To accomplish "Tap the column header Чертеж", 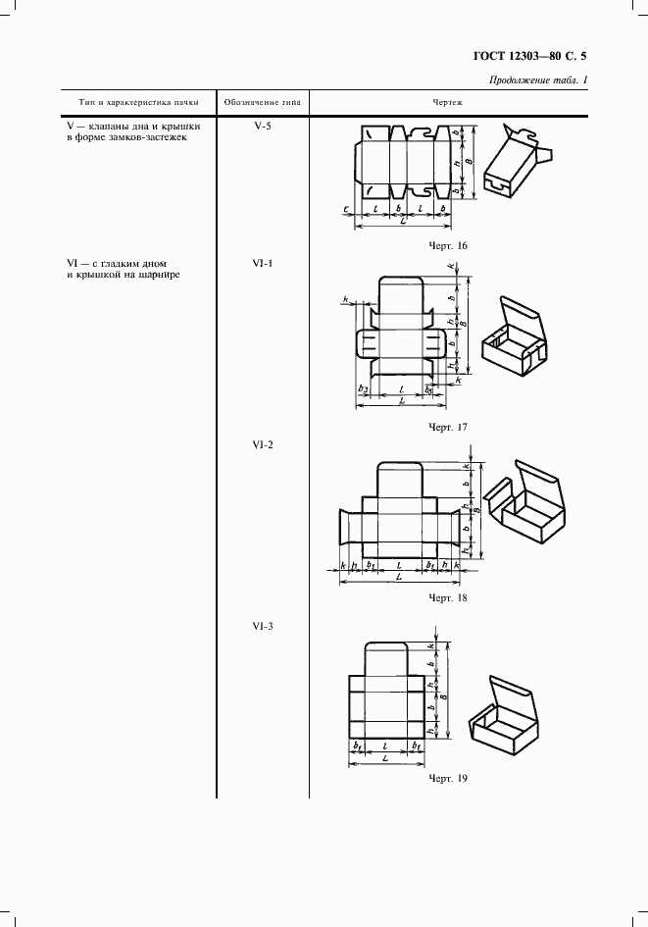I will [x=447, y=102].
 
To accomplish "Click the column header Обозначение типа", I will [x=262, y=102].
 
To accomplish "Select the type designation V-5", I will [x=262, y=127].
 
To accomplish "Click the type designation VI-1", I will [x=262, y=263].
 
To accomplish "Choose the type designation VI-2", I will [x=262, y=444].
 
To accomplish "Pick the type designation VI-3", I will [x=262, y=625].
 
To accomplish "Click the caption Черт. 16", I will [x=448, y=245].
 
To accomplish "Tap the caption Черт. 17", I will [x=448, y=427].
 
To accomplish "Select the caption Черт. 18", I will [x=448, y=596].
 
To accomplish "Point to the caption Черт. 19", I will [x=448, y=778].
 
